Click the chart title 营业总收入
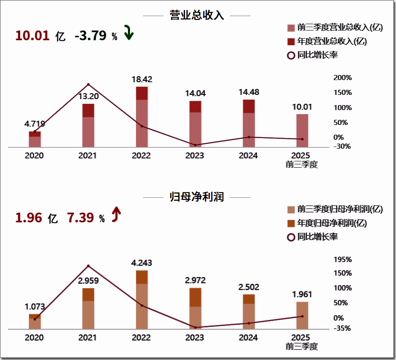point(197,16)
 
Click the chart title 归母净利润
point(197,197)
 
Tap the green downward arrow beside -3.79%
point(128,33)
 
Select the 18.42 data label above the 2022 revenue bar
point(142,79)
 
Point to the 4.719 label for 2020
point(35,124)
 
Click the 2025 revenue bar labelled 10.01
point(302,130)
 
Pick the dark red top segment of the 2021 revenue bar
point(88,110)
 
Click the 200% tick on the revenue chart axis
point(343,78)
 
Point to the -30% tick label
point(343,147)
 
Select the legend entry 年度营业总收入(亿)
point(327,41)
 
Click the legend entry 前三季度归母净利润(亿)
point(335,209)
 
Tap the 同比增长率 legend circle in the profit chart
point(291,237)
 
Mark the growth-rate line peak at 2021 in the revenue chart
point(88,85)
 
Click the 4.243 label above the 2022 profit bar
point(142,263)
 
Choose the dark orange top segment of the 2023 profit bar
point(195,297)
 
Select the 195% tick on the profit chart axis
point(343,259)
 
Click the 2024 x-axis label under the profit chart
point(248,338)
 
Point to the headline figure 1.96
point(29,218)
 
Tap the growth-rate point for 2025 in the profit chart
point(302,316)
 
